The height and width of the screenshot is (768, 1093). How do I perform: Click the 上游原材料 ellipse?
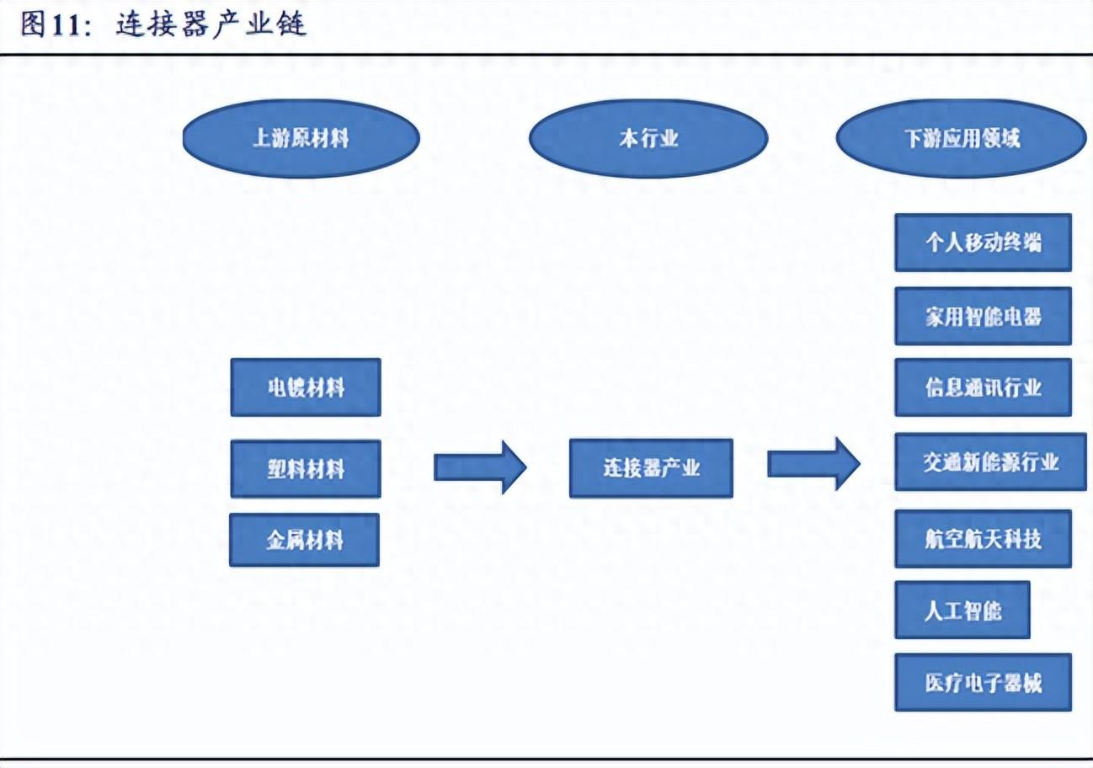[301, 139]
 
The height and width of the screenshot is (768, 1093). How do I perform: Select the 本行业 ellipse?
[648, 139]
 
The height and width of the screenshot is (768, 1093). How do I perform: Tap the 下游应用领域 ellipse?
[961, 139]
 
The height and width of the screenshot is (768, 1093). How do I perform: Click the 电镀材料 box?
[306, 387]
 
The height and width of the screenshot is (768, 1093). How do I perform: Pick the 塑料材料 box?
[306, 468]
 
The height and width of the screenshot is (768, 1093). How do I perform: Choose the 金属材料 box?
[305, 540]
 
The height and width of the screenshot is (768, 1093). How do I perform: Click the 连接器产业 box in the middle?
[651, 468]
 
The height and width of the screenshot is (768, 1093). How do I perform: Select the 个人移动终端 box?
[983, 243]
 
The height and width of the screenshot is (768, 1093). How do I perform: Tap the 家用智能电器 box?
[983, 316]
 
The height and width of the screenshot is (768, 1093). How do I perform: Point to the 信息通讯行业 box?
[983, 387]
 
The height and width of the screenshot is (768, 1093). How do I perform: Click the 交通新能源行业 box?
[990, 461]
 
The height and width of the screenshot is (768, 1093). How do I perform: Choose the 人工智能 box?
[962, 611]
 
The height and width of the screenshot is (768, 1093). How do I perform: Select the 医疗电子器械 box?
[983, 682]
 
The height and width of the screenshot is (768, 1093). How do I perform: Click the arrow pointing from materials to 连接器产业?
[480, 466]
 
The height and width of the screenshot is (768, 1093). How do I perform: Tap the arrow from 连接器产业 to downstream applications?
[813, 463]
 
